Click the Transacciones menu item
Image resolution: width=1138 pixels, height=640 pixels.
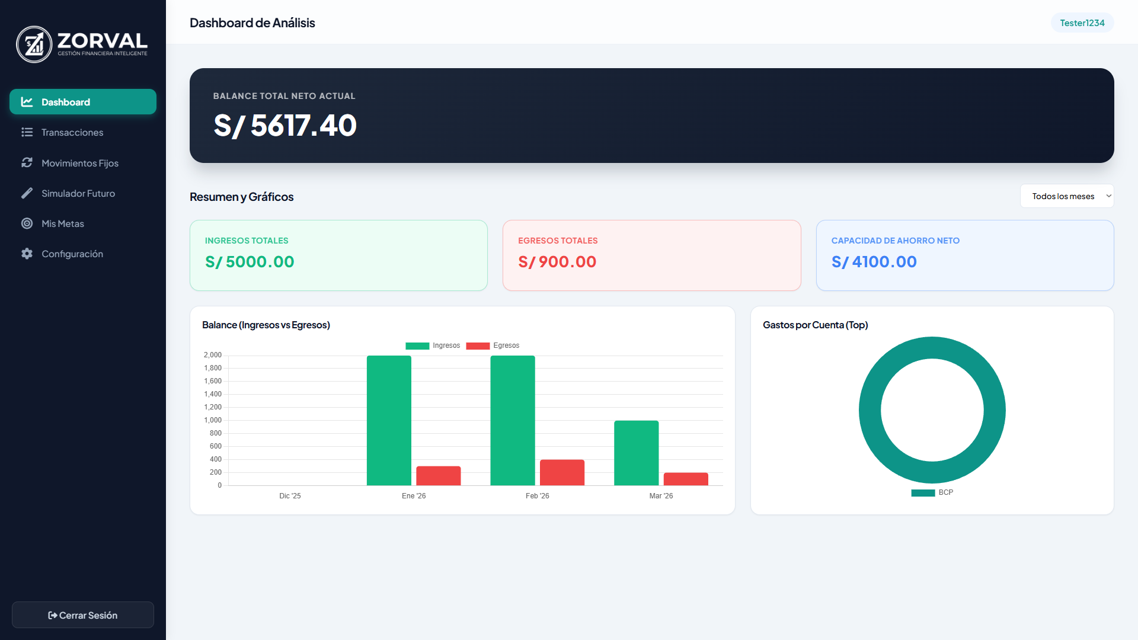(72, 133)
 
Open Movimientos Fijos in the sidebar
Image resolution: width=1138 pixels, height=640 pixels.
(79, 163)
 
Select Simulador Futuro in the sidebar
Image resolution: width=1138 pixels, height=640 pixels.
(78, 194)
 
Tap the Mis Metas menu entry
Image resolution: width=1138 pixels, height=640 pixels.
(62, 224)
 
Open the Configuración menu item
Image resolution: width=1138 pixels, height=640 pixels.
(72, 254)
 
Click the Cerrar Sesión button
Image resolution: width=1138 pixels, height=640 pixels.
(83, 615)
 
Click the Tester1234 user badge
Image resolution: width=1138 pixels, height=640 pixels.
(1082, 23)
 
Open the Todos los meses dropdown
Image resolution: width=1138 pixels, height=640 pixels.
(1066, 196)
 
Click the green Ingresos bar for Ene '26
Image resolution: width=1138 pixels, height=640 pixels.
(389, 420)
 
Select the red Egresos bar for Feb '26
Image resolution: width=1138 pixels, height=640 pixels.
(562, 472)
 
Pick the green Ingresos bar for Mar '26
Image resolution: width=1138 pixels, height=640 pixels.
(636, 453)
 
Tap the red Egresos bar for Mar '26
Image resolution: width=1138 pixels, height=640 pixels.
(686, 479)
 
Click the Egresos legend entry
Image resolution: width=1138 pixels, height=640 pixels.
(493, 345)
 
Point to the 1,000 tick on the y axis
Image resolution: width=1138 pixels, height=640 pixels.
(213, 420)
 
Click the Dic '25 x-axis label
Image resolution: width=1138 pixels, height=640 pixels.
(290, 496)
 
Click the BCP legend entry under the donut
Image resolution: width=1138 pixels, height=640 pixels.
(932, 492)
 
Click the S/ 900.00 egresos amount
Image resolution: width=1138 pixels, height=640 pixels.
(557, 262)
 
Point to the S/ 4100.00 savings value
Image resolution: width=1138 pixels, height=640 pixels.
(874, 262)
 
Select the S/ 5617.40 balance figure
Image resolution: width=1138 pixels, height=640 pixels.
(285, 126)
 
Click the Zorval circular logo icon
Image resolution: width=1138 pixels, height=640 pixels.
(34, 44)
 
